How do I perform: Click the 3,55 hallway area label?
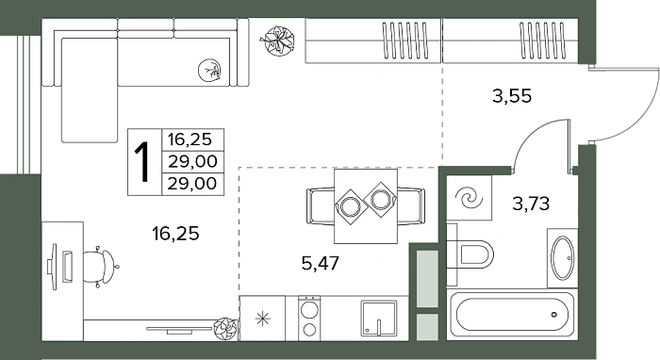512,96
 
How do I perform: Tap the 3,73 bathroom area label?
531,204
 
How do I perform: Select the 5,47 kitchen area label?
321,263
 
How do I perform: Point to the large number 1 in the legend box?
142,162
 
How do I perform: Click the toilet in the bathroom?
471,254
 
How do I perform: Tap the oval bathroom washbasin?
563,258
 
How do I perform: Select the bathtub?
512,315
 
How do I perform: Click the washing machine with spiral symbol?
469,197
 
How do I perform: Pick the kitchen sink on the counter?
378,318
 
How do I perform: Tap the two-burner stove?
309,318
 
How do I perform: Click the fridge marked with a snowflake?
262,318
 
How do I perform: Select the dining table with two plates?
366,206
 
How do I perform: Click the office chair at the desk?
101,267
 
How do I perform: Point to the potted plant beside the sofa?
276,41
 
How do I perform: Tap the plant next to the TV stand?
225,329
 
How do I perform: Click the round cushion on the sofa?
209,70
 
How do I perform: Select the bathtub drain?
554,314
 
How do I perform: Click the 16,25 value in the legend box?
190,139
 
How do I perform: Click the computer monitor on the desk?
54,267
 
